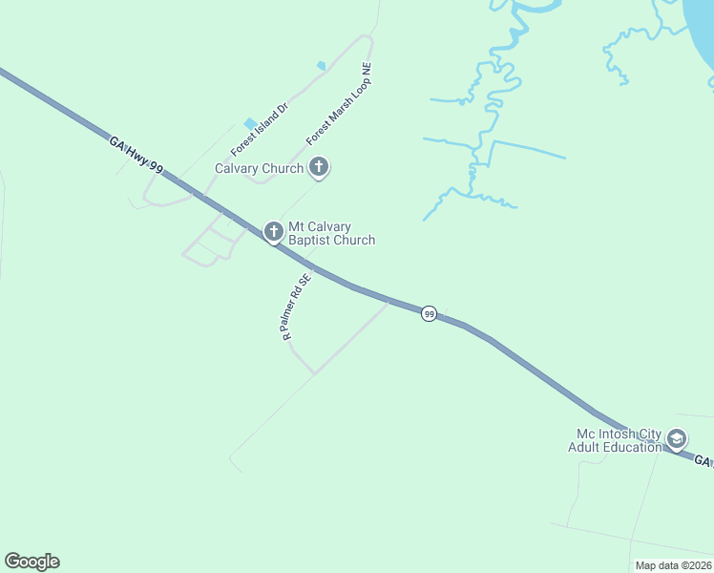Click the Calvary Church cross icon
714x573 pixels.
(319, 168)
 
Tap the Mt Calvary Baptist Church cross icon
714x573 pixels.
(273, 231)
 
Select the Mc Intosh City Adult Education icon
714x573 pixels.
(677, 439)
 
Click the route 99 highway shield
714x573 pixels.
(430, 314)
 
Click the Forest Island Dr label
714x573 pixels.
(259, 130)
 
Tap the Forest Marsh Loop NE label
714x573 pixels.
(339, 105)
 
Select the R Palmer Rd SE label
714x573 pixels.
(296, 308)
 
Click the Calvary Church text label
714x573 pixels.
(259, 168)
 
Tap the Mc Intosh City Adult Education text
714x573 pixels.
(615, 440)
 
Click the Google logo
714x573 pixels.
(31, 562)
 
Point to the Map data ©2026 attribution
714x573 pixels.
(673, 565)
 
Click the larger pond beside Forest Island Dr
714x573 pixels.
(250, 123)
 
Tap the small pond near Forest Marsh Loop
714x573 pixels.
(321, 65)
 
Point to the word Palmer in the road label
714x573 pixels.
(294, 312)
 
